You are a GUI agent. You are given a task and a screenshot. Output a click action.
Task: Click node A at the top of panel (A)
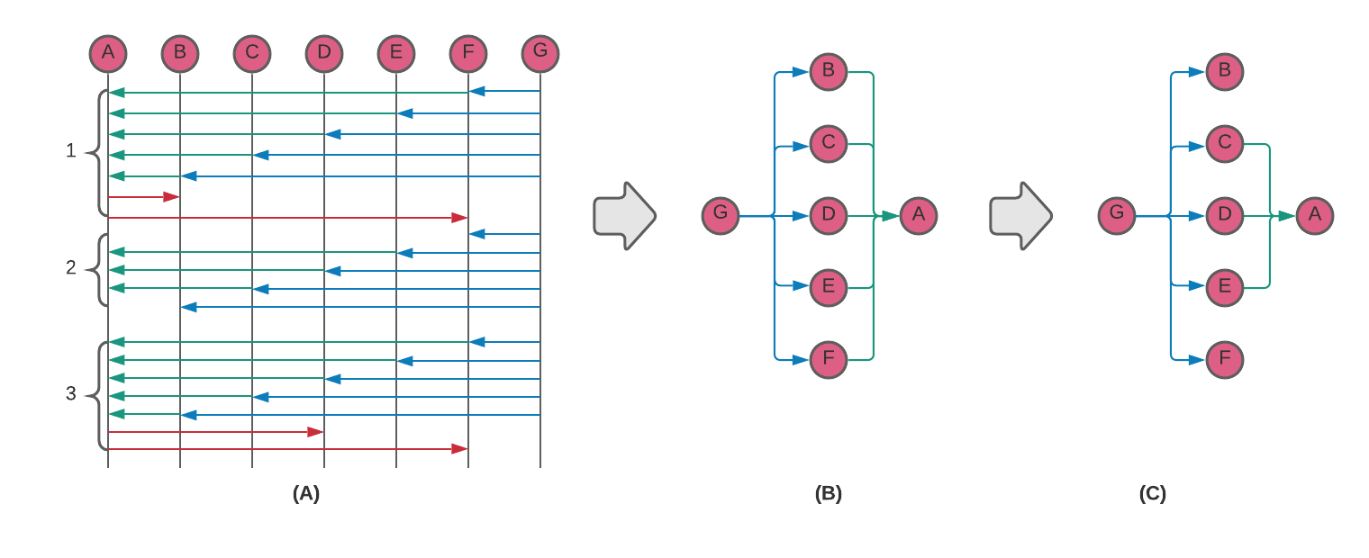point(108,53)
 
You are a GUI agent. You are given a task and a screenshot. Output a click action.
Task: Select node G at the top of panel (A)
point(540,53)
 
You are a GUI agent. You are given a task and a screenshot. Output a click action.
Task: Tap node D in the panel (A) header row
point(324,53)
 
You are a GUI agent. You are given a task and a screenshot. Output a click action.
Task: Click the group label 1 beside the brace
point(71,151)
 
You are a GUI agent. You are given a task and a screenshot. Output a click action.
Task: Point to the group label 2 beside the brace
point(71,267)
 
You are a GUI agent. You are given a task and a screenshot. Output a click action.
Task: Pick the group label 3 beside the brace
point(71,393)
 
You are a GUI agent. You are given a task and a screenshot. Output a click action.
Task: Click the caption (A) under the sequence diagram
point(306,493)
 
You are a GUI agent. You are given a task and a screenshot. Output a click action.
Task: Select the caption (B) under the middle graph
point(829,493)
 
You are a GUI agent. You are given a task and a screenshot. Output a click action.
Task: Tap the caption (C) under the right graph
point(1152,493)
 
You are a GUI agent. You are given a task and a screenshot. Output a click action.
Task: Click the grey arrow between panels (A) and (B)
point(624,216)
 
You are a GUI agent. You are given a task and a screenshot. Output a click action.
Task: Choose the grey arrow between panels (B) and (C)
point(1020,216)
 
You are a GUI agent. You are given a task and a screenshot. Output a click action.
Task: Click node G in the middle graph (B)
point(721,216)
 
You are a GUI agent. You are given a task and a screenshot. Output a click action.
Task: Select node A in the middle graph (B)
point(919,216)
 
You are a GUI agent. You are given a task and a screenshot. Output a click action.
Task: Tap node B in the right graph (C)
point(1225,72)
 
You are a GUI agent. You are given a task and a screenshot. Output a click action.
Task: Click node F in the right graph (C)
point(1225,360)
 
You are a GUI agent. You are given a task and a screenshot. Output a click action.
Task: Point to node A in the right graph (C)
point(1315,216)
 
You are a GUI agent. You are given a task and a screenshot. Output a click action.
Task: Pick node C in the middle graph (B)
point(829,144)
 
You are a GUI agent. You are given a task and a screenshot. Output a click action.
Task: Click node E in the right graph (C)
point(1225,288)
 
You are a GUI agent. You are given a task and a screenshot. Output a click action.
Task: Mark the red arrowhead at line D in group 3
point(315,432)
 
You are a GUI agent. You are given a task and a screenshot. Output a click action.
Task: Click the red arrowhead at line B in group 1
point(171,196)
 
